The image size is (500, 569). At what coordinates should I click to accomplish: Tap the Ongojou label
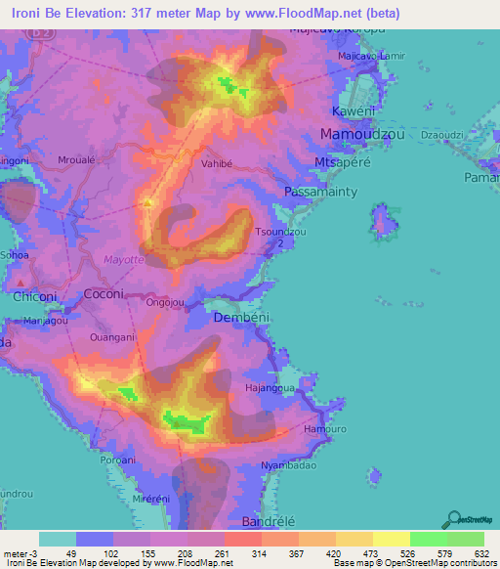[x=165, y=302]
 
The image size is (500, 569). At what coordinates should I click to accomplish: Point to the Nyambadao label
[x=289, y=465]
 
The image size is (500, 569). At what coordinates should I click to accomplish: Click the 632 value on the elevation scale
[x=482, y=553]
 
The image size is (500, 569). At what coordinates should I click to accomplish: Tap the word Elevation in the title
[x=97, y=13]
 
